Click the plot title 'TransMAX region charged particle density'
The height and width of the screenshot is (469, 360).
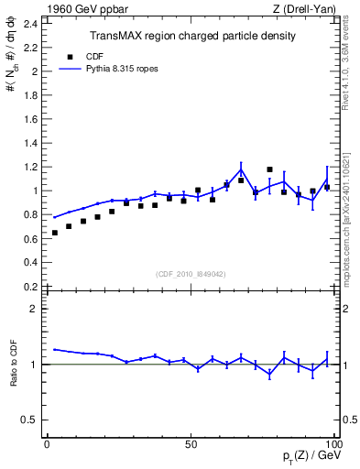point(191,37)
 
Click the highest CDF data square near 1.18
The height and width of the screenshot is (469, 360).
point(269,169)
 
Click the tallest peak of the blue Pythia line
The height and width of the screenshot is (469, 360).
point(241,169)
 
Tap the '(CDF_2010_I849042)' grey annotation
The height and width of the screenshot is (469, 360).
point(191,274)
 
